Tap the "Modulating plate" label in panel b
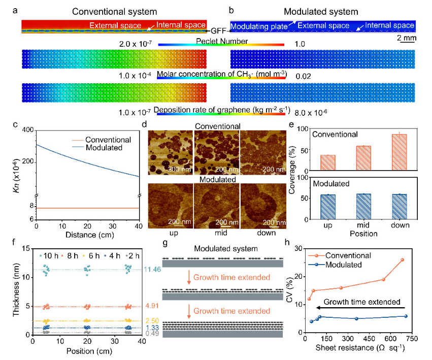(257, 25)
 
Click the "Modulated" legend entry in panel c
(108, 148)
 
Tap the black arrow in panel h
(360, 308)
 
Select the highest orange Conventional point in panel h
(402, 259)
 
